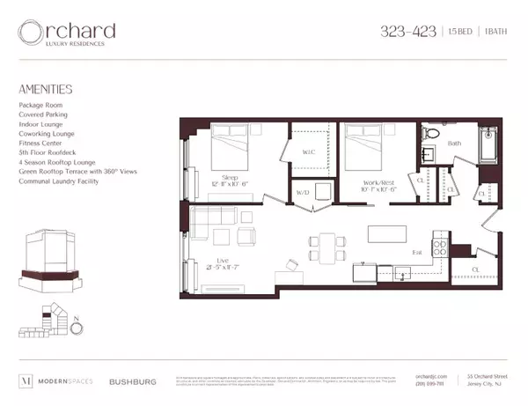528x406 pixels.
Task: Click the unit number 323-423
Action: [x=407, y=32]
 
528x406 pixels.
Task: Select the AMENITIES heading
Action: [x=45, y=90]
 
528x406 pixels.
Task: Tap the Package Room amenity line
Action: [x=42, y=105]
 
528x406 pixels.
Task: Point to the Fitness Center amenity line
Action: [x=42, y=137]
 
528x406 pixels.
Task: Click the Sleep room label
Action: [x=230, y=175]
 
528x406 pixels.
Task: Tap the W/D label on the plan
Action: [x=303, y=191]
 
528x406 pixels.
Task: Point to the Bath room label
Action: [x=454, y=142]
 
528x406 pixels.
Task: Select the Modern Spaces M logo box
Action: [x=26, y=381]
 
